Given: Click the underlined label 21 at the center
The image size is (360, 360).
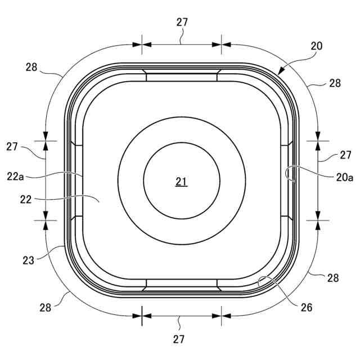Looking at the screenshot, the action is click(182, 182).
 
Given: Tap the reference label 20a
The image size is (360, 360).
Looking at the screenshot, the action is click(345, 178).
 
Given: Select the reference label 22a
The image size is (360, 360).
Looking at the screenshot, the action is click(15, 177).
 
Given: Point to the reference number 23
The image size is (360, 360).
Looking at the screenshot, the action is click(28, 260).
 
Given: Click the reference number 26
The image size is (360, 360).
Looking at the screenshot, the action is click(307, 308).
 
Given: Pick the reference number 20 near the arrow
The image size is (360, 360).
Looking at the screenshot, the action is click(317, 46).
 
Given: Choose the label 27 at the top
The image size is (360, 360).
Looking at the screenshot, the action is click(182, 22).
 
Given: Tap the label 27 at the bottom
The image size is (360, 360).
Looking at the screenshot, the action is click(179, 339).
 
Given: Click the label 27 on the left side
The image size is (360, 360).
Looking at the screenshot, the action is click(12, 147).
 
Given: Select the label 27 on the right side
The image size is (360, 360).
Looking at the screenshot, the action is click(345, 155).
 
